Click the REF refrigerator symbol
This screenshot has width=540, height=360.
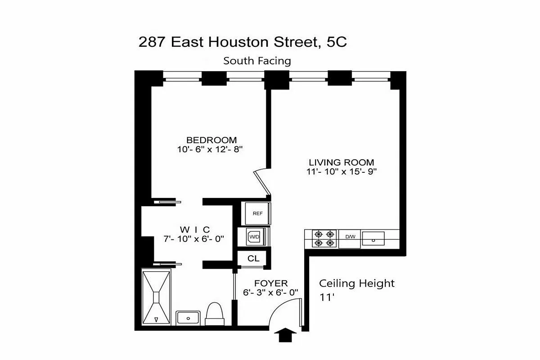(x=257, y=213)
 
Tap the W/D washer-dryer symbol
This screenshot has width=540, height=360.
(x=254, y=236)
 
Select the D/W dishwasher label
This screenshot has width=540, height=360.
(x=350, y=237)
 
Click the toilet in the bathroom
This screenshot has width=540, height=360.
(x=214, y=313)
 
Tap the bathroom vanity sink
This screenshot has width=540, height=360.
(x=188, y=318)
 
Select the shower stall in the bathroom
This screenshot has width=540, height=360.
(x=157, y=297)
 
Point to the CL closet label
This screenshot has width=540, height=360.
(x=253, y=259)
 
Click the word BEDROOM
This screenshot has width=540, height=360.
(x=211, y=140)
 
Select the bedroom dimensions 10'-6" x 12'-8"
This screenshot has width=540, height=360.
(x=210, y=149)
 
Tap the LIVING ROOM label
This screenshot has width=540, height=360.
(x=341, y=162)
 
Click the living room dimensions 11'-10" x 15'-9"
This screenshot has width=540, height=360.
(x=341, y=171)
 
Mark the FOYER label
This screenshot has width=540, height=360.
(x=271, y=283)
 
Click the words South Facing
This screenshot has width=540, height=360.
(x=257, y=61)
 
